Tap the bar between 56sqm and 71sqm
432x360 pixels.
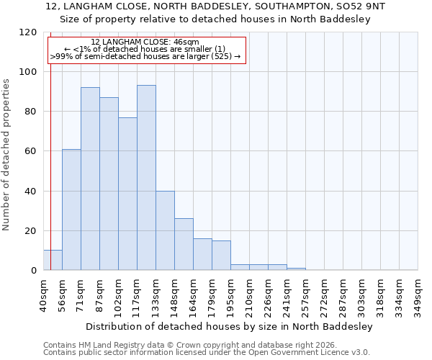coord(71,210)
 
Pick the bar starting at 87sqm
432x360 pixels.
coord(109,184)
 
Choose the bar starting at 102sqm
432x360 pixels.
coord(127,194)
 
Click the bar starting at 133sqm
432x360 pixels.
coord(165,230)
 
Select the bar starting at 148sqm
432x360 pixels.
coord(184,244)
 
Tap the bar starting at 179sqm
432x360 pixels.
coord(221,256)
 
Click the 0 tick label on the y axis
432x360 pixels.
coord(33,271)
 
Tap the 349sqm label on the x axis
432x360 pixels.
coord(418,295)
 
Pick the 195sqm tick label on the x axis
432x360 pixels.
coord(230,295)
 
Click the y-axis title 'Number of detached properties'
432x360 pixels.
coord(6,155)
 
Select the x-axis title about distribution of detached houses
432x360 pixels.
coord(228,326)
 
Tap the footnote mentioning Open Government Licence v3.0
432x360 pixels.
coord(207,353)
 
